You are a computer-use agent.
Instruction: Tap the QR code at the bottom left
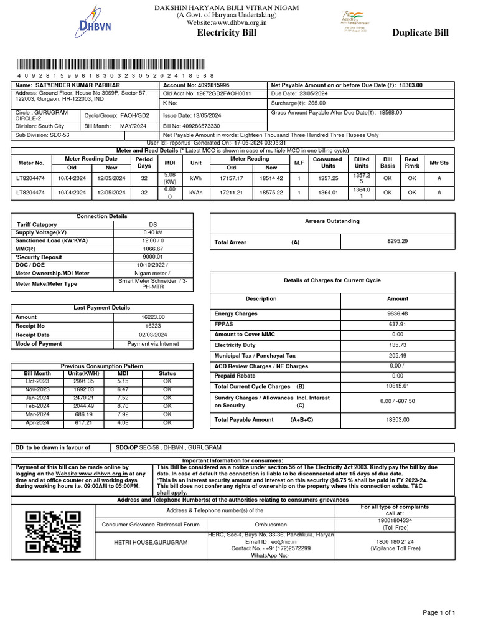[53, 531]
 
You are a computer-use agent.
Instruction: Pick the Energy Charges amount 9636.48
[398, 313]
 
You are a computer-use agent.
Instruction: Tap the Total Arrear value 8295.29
[397, 241]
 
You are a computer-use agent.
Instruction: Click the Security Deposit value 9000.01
[152, 257]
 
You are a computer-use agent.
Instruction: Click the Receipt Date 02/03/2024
[152, 335]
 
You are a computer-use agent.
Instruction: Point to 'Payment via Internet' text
[152, 344]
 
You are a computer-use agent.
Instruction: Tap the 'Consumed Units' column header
[327, 163]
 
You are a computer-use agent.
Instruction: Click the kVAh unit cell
[196, 193]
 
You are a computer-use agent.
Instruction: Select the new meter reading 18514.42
[271, 178]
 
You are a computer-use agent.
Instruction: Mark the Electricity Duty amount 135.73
[398, 345]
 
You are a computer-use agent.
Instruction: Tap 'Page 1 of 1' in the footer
[439, 613]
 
